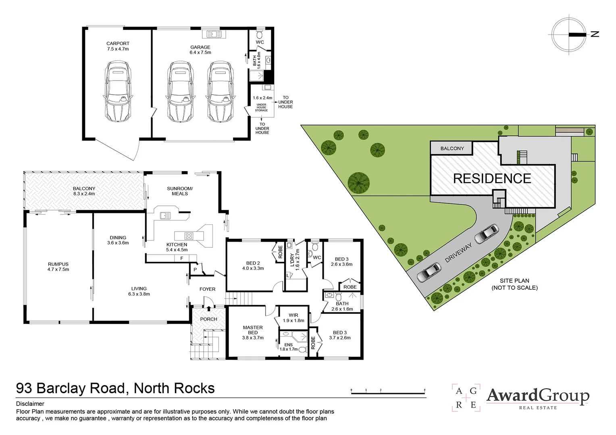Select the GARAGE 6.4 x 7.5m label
pyautogui.click(x=200, y=50)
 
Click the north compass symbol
pyautogui.click(x=570, y=35)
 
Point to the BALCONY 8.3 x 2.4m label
pyautogui.click(x=84, y=191)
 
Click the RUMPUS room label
pyautogui.click(x=58, y=267)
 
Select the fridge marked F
pyautogui.click(x=182, y=258)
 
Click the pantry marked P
pyautogui.click(x=195, y=269)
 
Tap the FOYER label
pyautogui.click(x=207, y=289)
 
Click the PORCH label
pyautogui.click(x=208, y=319)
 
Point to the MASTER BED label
pyautogui.click(x=253, y=330)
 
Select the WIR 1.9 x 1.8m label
pyautogui.click(x=293, y=318)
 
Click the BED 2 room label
pyautogui.click(x=253, y=265)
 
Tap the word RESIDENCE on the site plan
pyautogui.click(x=492, y=178)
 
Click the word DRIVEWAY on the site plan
pyautogui.click(x=458, y=254)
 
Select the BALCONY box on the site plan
pyautogui.click(x=452, y=148)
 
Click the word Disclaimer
pyautogui.click(x=30, y=404)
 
